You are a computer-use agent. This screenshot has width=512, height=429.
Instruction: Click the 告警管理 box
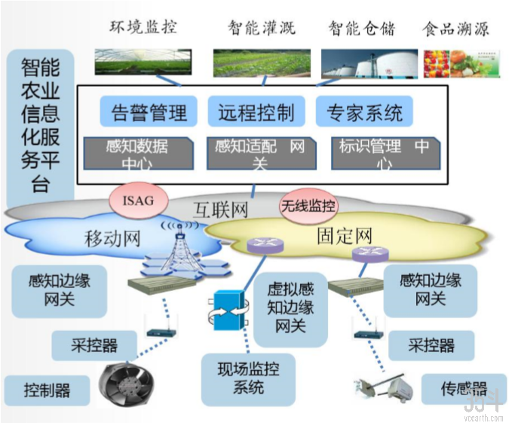tap(149, 112)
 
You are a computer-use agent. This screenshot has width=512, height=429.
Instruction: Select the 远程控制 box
tap(256, 112)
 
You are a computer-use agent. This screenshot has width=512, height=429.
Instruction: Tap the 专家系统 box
tap(364, 112)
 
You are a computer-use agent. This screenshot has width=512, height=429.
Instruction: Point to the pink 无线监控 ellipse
tap(308, 205)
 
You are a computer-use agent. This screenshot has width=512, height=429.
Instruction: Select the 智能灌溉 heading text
tap(261, 29)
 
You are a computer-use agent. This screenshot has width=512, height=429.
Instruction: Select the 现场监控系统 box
tap(249, 378)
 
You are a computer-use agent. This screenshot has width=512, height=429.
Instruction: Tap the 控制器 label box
tap(47, 390)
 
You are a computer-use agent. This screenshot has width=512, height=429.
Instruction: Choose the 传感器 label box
tap(464, 389)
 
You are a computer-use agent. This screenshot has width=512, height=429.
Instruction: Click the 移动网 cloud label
tap(112, 239)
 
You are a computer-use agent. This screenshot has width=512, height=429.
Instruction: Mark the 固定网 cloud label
tap(345, 236)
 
